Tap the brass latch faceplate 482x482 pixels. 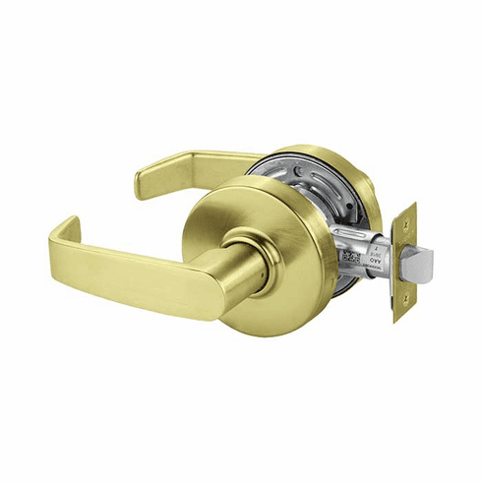pos(403,295)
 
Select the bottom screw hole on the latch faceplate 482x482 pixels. pos(400,310)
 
